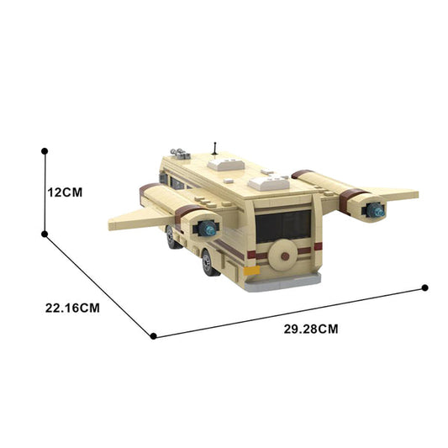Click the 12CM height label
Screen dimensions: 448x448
(x=65, y=192)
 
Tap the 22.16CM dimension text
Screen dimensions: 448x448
(x=72, y=308)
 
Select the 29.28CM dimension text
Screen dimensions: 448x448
(x=311, y=329)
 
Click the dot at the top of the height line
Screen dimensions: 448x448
(x=45, y=151)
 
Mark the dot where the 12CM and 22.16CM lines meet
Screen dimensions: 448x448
(x=45, y=235)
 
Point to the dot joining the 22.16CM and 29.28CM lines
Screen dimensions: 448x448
(x=154, y=336)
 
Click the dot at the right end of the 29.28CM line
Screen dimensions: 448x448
(x=424, y=287)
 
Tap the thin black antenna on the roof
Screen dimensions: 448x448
(x=215, y=149)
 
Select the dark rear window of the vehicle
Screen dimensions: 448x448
(x=283, y=226)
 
